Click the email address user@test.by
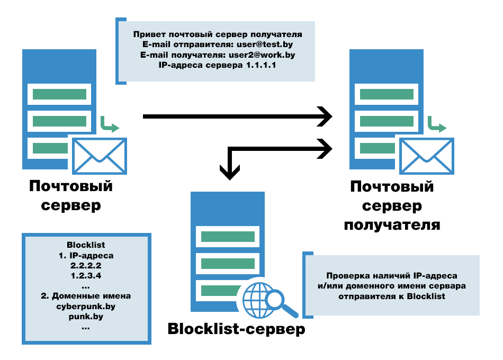[x=265, y=44]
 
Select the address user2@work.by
[x=262, y=55]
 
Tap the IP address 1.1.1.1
[x=261, y=65]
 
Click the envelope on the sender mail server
[x=100, y=156]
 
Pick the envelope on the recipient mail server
[x=427, y=156]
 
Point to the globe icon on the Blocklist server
[x=257, y=300]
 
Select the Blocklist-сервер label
[x=237, y=329]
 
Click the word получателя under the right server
[x=392, y=224]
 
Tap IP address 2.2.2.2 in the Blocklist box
[x=86, y=266]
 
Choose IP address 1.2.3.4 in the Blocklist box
[x=86, y=276]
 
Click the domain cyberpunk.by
[x=86, y=307]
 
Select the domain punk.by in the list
[x=86, y=317]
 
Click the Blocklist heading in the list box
[x=86, y=245]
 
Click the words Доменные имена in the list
[x=91, y=296]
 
